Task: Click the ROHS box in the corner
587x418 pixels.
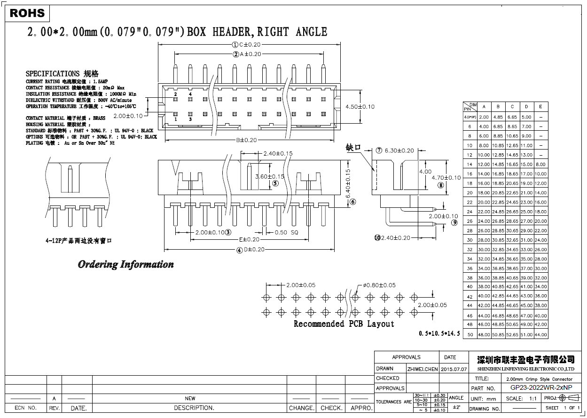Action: pyautogui.click(x=27, y=13)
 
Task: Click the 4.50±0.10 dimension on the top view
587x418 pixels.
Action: pyautogui.click(x=360, y=107)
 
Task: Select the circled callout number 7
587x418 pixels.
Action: pyautogui.click(x=379, y=151)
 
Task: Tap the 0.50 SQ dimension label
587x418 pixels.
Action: pyautogui.click(x=286, y=232)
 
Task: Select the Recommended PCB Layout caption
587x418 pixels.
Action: pyautogui.click(x=344, y=324)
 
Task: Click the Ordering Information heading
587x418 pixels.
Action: pyautogui.click(x=125, y=265)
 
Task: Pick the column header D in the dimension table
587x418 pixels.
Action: pyautogui.click(x=526, y=107)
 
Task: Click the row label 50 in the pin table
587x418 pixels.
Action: pyautogui.click(x=470, y=335)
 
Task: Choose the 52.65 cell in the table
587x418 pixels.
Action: pyautogui.click(x=512, y=335)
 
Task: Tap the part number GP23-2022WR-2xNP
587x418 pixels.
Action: pyautogui.click(x=541, y=388)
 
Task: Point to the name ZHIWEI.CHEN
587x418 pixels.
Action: pyautogui.click(x=423, y=369)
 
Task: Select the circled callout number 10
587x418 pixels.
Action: pyautogui.click(x=377, y=238)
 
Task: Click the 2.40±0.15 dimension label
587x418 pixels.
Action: pyautogui.click(x=278, y=153)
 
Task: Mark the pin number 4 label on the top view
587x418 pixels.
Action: pyautogui.click(x=190, y=95)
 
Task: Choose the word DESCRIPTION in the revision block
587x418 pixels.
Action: pyautogui.click(x=194, y=408)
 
